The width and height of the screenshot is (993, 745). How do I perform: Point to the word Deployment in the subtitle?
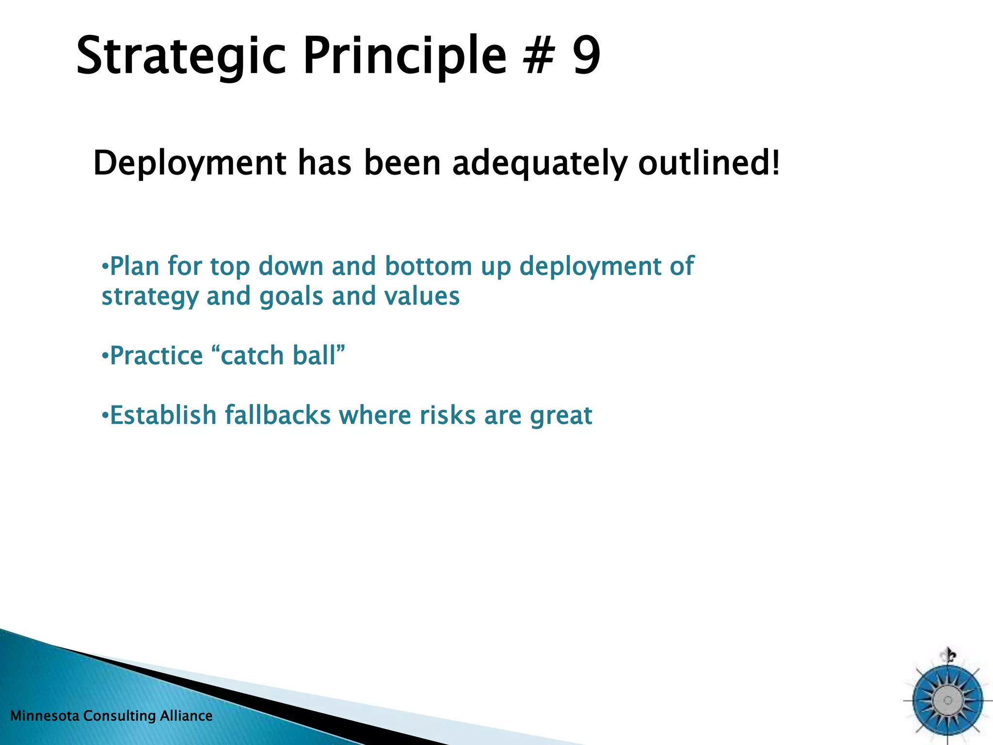tap(190, 163)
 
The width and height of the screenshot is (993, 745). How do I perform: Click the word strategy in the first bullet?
tap(150, 297)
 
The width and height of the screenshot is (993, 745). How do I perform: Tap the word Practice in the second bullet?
tap(156, 356)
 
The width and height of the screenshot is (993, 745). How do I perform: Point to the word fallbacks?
tap(277, 415)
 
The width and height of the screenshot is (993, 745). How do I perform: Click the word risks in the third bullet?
tap(447, 415)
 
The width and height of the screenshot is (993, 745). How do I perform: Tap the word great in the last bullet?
tap(561, 416)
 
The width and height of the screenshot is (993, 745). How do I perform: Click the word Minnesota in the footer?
tap(44, 716)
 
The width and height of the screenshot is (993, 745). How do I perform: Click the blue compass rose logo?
tap(947, 700)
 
